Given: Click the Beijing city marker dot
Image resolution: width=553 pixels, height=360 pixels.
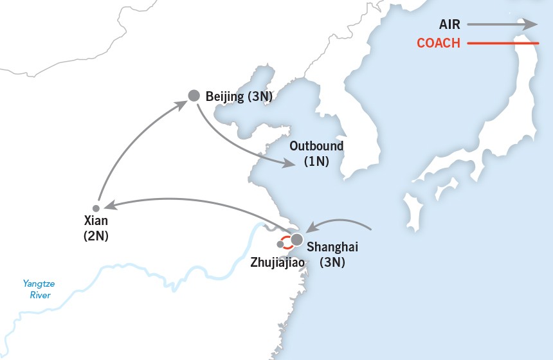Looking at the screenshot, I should coord(194,96).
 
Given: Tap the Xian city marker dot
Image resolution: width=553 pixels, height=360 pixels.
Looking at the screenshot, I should coord(96,208).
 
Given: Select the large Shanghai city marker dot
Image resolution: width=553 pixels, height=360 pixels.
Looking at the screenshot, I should coord(296,240).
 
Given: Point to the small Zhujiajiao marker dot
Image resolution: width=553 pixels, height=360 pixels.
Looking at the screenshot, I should coord(280,244).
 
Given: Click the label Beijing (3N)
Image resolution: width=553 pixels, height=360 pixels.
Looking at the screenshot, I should coord(239,96).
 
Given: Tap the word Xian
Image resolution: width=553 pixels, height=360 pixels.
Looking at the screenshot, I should coord(96,222).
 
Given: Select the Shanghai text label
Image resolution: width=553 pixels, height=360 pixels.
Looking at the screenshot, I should coord(332,247).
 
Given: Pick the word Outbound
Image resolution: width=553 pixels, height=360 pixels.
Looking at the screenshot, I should coord(316,146).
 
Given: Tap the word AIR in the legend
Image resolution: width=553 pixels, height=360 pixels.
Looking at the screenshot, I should coord(449,24).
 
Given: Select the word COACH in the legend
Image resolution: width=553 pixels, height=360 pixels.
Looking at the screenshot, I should coord(439,44).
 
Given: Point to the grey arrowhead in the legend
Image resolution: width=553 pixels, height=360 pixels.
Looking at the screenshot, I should coord(530,24).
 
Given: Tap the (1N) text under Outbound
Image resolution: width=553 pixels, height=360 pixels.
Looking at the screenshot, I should coord(316,161).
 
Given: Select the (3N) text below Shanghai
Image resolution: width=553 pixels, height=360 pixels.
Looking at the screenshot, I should coord(332,262).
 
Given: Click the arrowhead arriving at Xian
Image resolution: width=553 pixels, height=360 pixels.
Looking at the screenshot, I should coord(109,206).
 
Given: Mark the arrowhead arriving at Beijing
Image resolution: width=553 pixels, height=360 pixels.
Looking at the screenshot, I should coord(183,104).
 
